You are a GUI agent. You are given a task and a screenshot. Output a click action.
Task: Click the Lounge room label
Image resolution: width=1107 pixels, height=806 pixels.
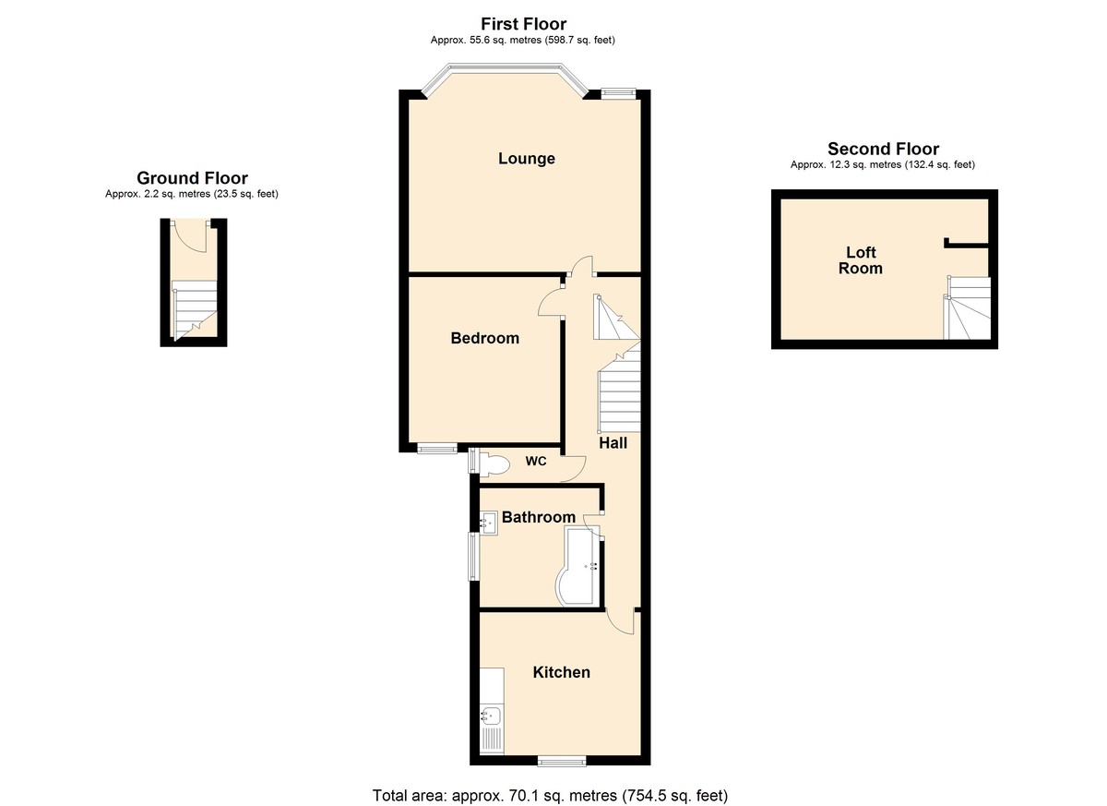pyautogui.click(x=527, y=159)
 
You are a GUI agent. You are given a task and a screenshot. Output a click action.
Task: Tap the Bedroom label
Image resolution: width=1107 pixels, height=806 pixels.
pyautogui.click(x=485, y=338)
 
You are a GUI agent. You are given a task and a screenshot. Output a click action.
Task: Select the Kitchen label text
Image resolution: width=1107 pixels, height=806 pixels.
pyautogui.click(x=562, y=672)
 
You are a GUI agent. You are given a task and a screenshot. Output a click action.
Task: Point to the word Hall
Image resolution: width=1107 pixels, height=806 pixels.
pyautogui.click(x=613, y=443)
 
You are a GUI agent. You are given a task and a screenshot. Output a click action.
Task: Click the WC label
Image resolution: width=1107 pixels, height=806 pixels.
pyautogui.click(x=536, y=462)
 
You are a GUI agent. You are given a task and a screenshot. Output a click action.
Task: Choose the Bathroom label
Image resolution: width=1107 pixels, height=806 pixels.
pyautogui.click(x=539, y=517)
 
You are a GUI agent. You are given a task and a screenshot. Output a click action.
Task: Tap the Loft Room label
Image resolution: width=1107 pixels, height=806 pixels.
pyautogui.click(x=861, y=260)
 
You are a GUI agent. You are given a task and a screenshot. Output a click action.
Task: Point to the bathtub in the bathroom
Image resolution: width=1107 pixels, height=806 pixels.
pyautogui.click(x=580, y=566)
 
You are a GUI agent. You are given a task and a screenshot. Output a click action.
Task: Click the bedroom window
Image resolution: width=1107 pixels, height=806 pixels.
pyautogui.click(x=437, y=449)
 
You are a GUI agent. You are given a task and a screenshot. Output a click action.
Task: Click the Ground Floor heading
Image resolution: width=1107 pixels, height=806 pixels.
pyautogui.click(x=192, y=178)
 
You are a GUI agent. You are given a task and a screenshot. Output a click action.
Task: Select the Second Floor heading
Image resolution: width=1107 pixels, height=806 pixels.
pyautogui.click(x=883, y=149)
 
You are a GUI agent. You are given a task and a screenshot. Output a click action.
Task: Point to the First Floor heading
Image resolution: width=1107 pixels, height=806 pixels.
pyautogui.click(x=523, y=24)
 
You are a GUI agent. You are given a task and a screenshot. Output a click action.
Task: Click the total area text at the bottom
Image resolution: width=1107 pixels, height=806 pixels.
pyautogui.click(x=550, y=796)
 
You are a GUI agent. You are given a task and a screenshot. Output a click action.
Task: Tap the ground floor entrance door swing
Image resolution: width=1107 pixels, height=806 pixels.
pyautogui.click(x=190, y=235)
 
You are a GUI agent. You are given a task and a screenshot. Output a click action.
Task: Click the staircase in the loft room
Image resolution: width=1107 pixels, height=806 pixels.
pyautogui.click(x=967, y=307)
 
